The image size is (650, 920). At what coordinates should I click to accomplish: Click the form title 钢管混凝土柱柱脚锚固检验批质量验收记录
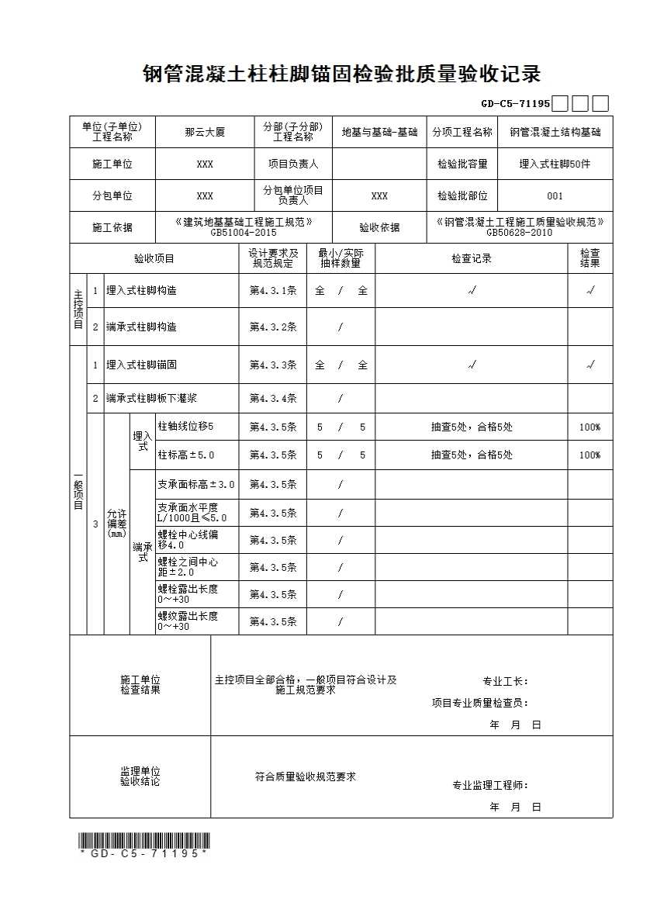click(341, 74)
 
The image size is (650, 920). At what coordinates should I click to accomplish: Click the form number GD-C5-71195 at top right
click(515, 103)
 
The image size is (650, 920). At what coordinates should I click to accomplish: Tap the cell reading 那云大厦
click(205, 133)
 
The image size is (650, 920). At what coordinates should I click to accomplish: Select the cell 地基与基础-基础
click(379, 133)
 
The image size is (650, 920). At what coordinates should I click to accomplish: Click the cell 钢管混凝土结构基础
click(555, 133)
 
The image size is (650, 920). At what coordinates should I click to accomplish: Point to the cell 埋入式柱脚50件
click(555, 164)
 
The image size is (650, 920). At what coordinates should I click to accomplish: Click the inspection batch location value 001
click(555, 196)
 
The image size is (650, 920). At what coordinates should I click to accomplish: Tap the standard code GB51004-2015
click(244, 232)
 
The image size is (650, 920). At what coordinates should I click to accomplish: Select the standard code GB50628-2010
click(519, 232)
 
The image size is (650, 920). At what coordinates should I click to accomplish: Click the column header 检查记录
click(472, 258)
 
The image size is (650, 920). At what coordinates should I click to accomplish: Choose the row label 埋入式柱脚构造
click(141, 291)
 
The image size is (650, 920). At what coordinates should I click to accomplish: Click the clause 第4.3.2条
click(272, 327)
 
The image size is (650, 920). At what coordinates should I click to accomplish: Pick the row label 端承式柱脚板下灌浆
click(151, 399)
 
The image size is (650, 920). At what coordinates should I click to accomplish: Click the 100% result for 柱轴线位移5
click(589, 427)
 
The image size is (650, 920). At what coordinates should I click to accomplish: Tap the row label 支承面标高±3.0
click(195, 484)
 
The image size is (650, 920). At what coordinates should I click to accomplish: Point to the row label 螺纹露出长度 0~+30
click(187, 621)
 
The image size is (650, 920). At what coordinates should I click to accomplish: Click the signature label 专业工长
click(505, 682)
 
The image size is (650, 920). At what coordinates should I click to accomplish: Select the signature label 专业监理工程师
click(490, 785)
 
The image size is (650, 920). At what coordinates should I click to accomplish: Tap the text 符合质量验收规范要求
click(306, 776)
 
